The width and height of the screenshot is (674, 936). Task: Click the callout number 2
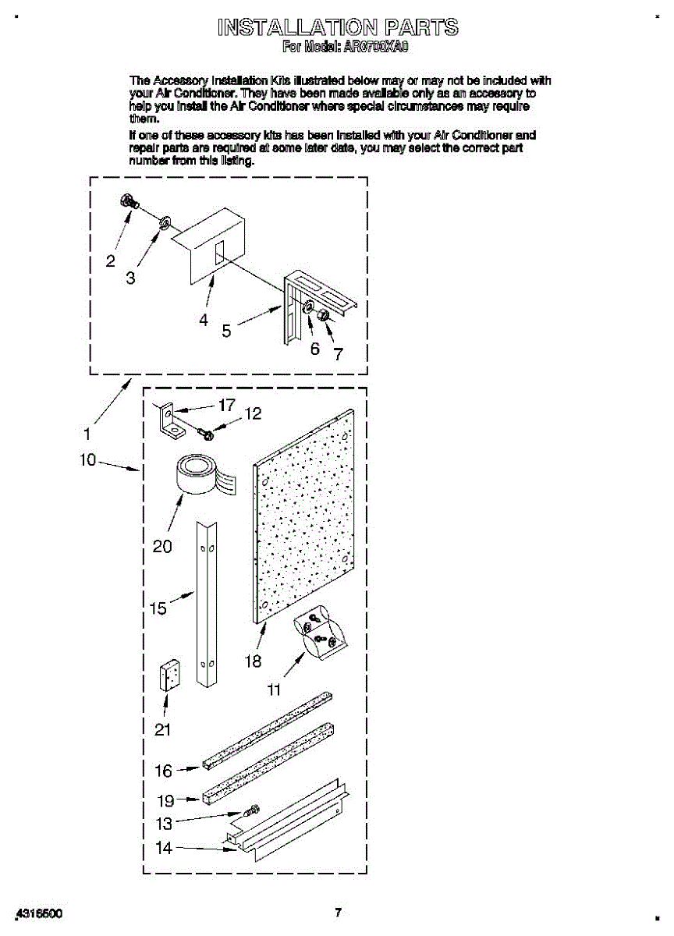pos(111,261)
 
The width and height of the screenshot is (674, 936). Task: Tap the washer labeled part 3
pos(165,225)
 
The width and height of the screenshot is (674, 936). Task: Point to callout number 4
pos(203,319)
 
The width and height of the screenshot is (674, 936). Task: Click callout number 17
pos(227,406)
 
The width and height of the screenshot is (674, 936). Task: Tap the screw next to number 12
pos(206,431)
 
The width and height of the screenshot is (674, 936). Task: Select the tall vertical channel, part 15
pos(207,604)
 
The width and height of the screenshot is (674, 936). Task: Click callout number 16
pos(163,771)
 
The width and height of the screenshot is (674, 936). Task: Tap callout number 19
pos(165,799)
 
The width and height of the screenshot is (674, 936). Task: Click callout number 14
pos(164,848)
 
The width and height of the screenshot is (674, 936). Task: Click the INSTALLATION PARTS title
pos(338,29)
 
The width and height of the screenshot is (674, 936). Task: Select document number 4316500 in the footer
pos(40,913)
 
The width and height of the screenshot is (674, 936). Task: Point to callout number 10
pos(87,460)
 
